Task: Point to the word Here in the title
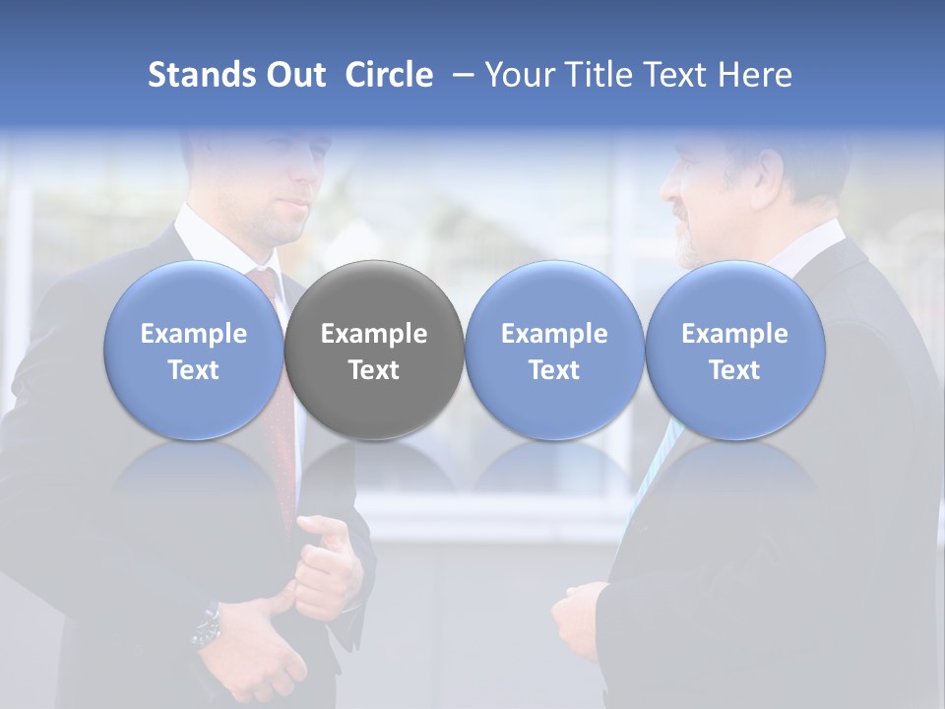click(x=757, y=75)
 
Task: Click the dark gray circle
click(x=374, y=351)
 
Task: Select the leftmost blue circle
click(x=194, y=351)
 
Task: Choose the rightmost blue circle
click(x=734, y=351)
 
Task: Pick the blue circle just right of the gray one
click(x=554, y=351)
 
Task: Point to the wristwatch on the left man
click(x=207, y=625)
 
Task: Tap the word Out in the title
click(x=296, y=75)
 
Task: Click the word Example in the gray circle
click(x=374, y=334)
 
